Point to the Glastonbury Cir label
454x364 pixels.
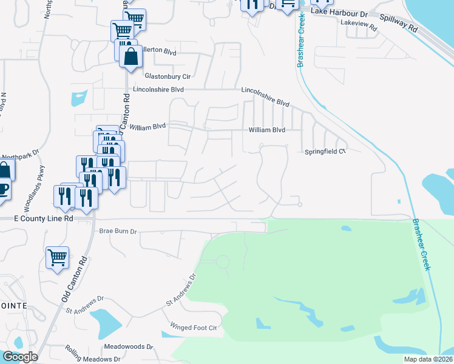(x=168, y=76)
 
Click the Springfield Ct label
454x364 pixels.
(x=325, y=152)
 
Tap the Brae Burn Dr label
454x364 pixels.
(x=118, y=231)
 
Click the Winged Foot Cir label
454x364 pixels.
(x=194, y=328)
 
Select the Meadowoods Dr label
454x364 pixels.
(x=128, y=346)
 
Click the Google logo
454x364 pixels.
(x=20, y=357)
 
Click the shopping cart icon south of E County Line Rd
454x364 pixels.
(x=57, y=258)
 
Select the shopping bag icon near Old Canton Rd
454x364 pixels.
(x=130, y=57)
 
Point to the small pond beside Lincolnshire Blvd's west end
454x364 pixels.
(x=79, y=97)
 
